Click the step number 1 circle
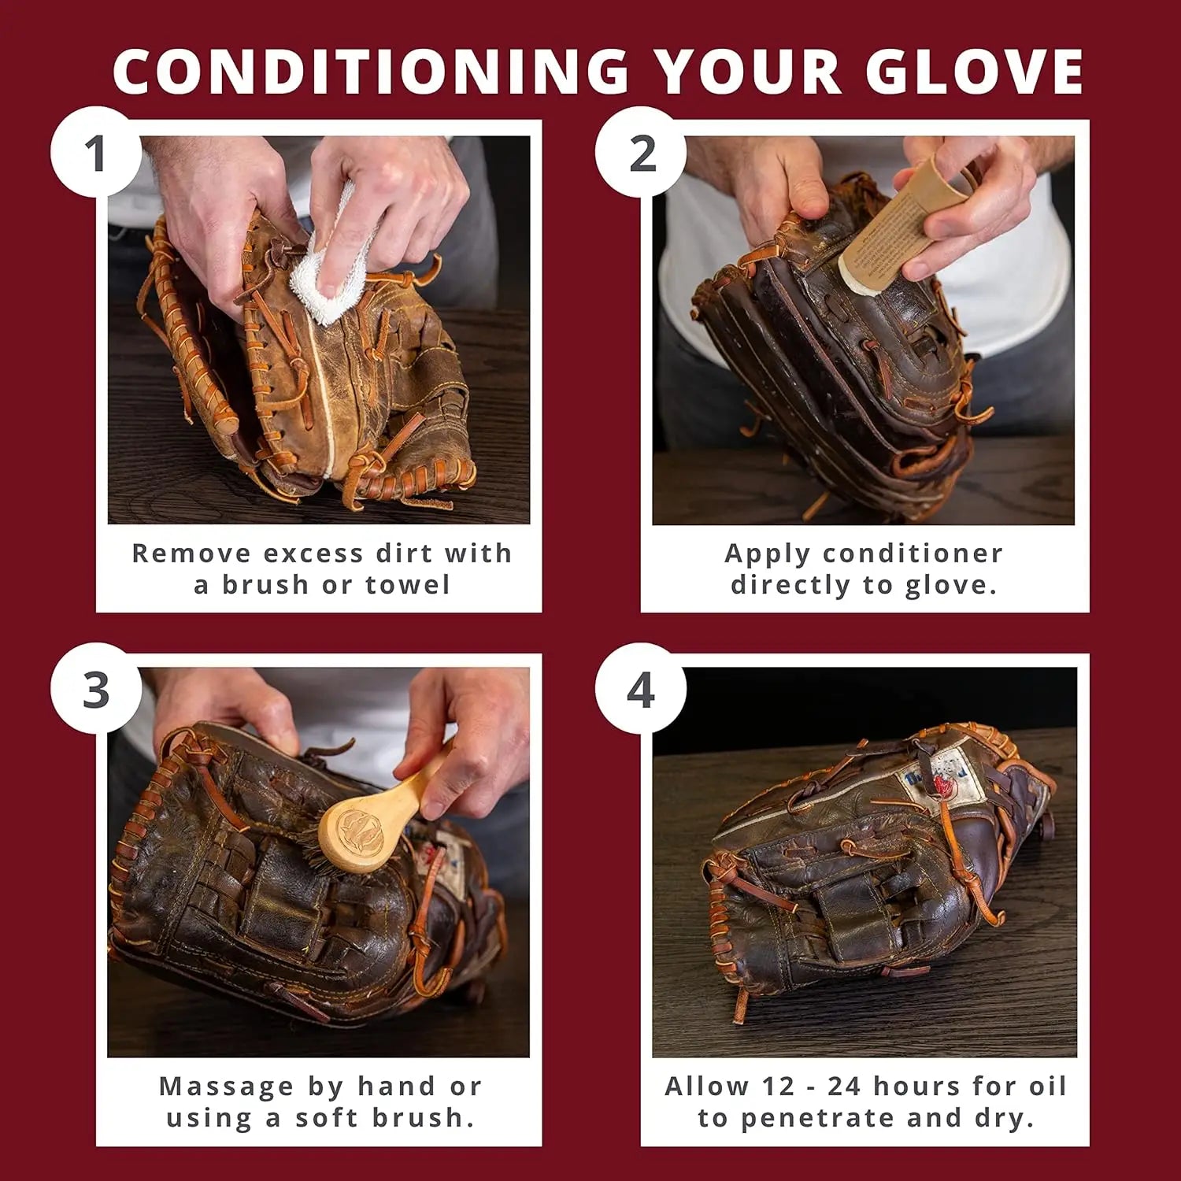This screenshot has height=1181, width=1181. point(96,152)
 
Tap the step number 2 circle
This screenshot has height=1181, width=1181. point(642,152)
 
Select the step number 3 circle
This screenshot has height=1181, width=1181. point(96,689)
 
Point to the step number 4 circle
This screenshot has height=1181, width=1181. point(640,689)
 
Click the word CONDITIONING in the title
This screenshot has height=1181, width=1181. point(370,72)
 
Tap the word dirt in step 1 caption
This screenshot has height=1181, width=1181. point(404,553)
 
